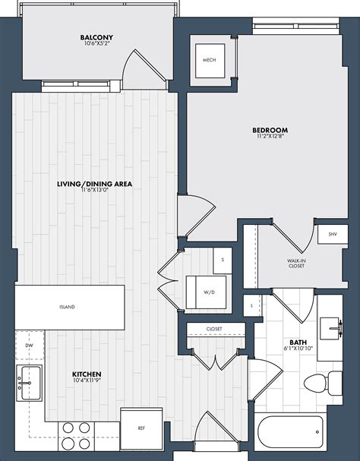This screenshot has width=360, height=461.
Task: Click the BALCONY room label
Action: (x=96, y=37)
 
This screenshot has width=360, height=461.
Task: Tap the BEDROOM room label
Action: (x=270, y=130)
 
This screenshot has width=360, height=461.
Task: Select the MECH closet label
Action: (x=210, y=60)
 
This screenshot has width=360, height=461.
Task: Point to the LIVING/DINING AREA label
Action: (x=94, y=184)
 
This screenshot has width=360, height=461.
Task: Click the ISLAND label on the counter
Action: (x=67, y=307)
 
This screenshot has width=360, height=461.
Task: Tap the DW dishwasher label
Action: (x=29, y=345)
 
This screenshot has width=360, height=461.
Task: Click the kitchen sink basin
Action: (x=31, y=383)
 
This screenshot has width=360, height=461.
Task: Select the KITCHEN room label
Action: (x=87, y=374)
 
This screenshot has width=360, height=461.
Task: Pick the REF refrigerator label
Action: (x=141, y=428)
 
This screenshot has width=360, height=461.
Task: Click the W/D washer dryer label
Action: (x=209, y=292)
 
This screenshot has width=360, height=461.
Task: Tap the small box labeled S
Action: (x=223, y=260)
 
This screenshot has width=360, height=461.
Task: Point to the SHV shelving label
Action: (x=333, y=235)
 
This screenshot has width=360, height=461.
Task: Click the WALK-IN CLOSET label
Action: (x=296, y=263)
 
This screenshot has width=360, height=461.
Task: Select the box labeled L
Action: (x=251, y=305)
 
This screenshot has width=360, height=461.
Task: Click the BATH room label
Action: (x=298, y=343)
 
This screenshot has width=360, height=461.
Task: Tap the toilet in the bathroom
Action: (x=323, y=382)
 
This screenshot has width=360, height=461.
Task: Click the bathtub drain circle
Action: (x=317, y=432)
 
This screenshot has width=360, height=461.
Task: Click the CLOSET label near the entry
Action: (x=214, y=329)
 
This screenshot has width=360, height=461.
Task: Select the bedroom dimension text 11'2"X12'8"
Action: (x=270, y=136)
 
